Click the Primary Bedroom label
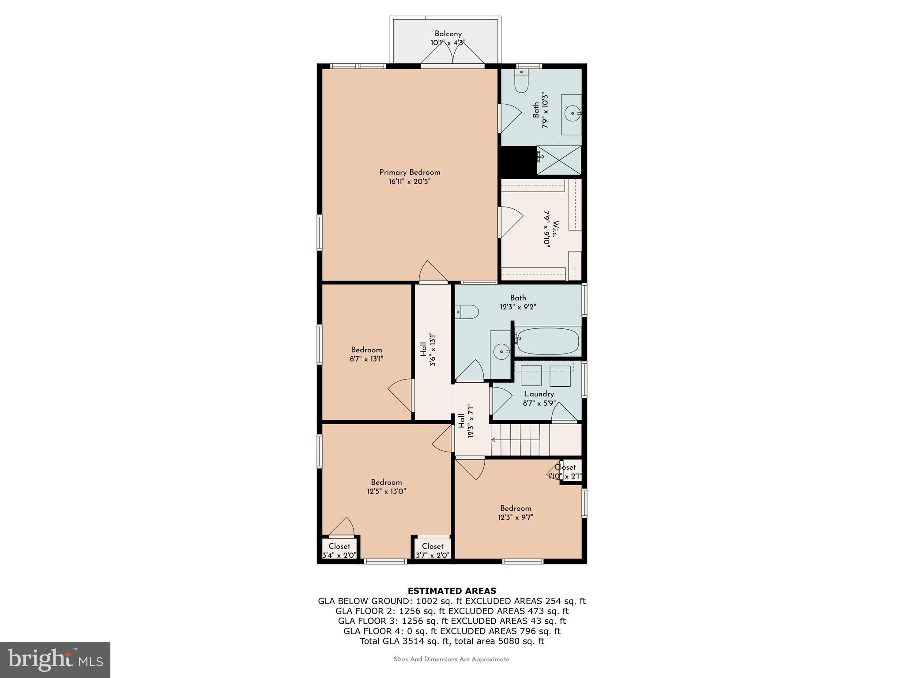point(410,173)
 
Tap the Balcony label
point(448,34)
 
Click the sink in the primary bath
point(573,114)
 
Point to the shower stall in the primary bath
point(559,160)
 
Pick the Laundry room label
point(539,394)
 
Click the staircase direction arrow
point(493,440)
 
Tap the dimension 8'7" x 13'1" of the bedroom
point(366,359)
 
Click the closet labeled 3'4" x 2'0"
point(339,550)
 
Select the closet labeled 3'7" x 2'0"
point(432,550)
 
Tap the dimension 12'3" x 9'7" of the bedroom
point(515,517)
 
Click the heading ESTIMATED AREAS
point(452,591)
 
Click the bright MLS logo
point(55,659)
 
